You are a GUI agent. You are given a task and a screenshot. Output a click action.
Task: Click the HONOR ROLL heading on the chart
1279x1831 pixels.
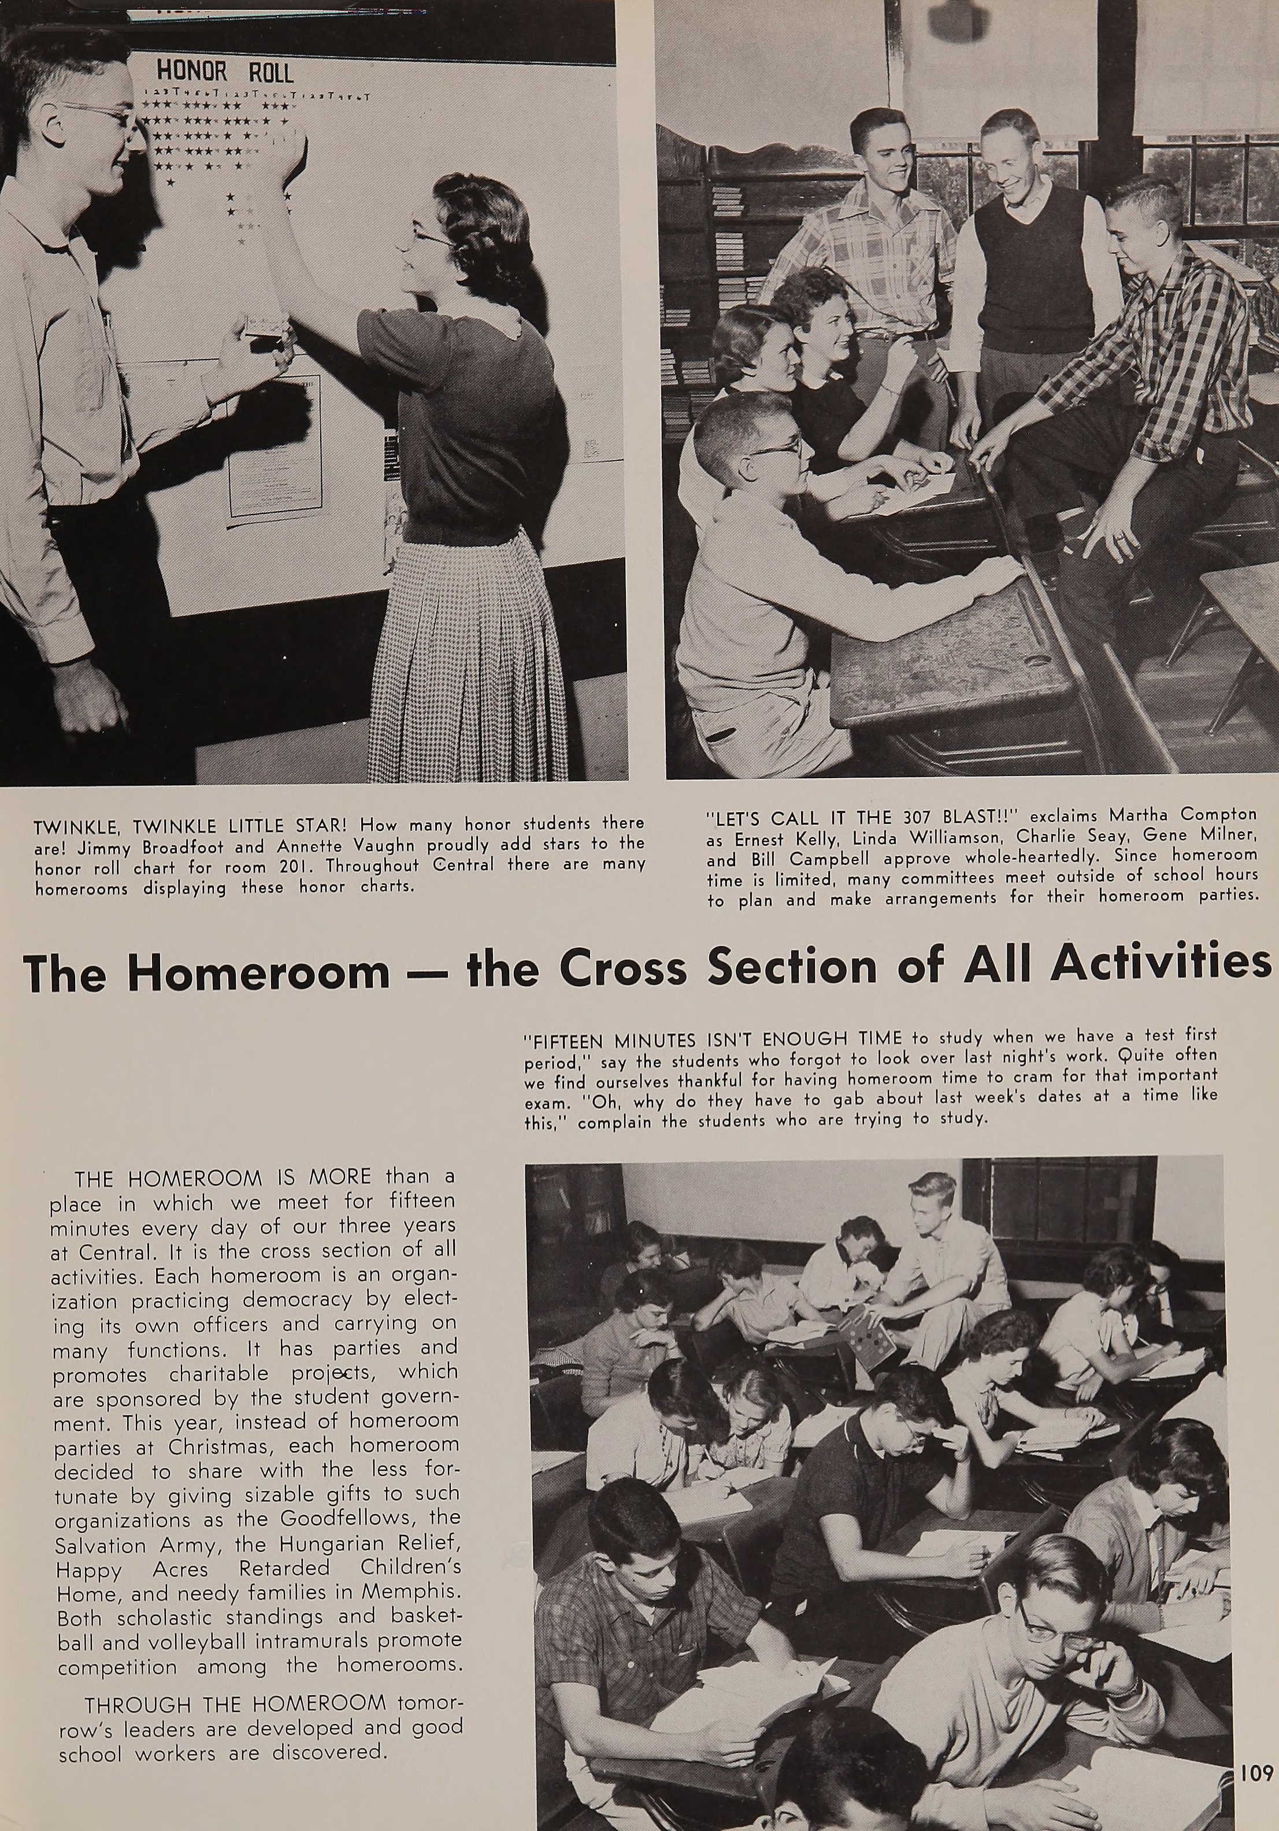(x=225, y=73)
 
